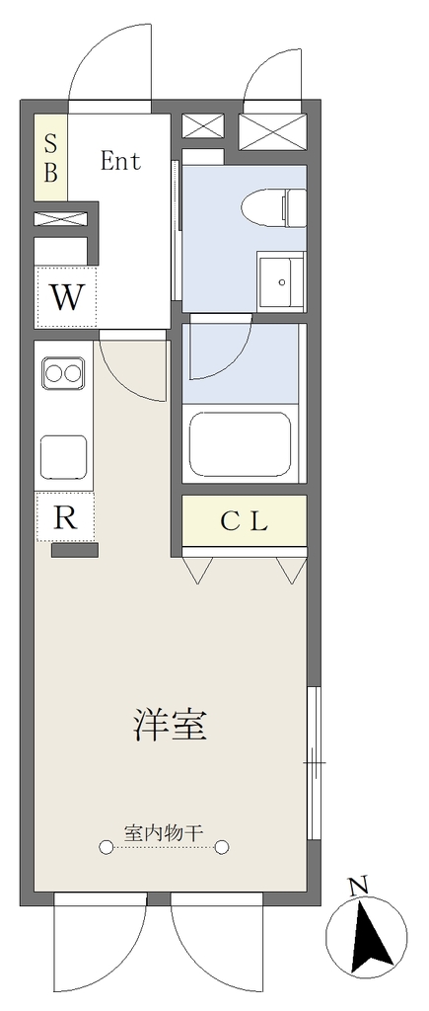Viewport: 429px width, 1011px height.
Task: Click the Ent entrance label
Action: pyautogui.click(x=120, y=161)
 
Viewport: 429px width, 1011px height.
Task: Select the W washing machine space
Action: pyautogui.click(x=66, y=296)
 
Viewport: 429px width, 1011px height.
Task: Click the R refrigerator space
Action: pyautogui.click(x=65, y=516)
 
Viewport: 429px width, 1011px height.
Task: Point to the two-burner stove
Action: pyautogui.click(x=63, y=372)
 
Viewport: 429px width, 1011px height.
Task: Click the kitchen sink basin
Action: pyautogui.click(x=64, y=456)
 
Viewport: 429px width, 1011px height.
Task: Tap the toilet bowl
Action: pyautogui.click(x=273, y=207)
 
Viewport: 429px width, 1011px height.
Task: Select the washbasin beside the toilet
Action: pyautogui.click(x=281, y=281)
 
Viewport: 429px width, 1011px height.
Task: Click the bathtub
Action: pyautogui.click(x=241, y=443)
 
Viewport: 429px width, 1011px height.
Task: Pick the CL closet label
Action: pyautogui.click(x=244, y=521)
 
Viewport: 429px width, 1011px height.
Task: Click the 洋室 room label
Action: pyautogui.click(x=170, y=724)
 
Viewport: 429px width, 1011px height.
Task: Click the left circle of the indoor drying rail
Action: pyautogui.click(x=106, y=846)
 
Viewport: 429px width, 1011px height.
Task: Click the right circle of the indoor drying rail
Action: pyautogui.click(x=222, y=846)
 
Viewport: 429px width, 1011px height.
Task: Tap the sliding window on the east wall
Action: pyautogui.click(x=314, y=763)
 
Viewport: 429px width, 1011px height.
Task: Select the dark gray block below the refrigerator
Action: pyautogui.click(x=75, y=549)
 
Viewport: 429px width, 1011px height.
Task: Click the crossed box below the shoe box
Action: pyautogui.click(x=60, y=218)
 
